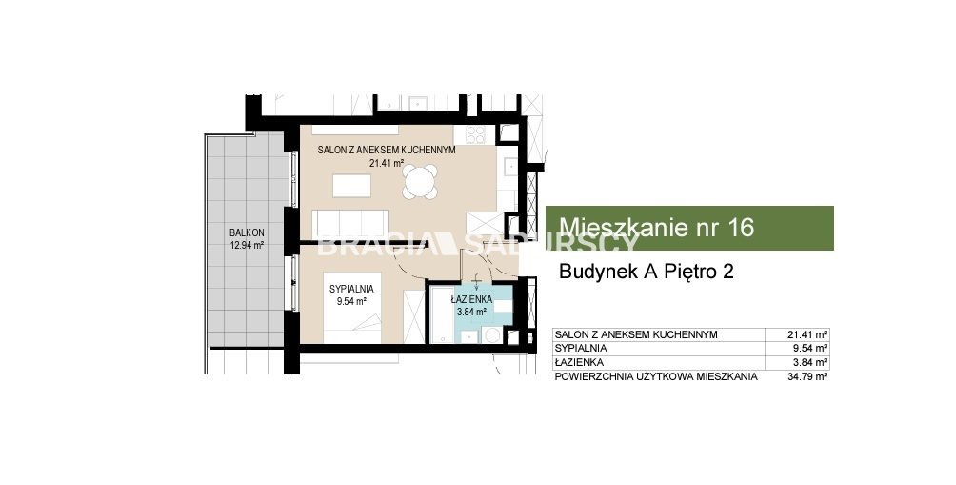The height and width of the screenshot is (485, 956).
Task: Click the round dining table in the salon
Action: tap(420, 182)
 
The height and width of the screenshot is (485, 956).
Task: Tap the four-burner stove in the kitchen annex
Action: tap(475, 134)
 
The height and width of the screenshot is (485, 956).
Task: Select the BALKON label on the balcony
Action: tap(247, 232)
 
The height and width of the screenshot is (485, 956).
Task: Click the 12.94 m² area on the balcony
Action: tap(247, 246)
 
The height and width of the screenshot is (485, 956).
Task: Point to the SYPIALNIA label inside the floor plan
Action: tap(351, 289)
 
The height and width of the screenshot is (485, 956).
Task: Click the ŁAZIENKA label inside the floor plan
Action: tap(472, 299)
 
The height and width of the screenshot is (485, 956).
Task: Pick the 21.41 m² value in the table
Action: tap(807, 334)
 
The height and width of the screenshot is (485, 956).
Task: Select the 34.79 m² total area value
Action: tap(807, 376)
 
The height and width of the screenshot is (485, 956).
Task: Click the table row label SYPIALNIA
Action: tap(581, 349)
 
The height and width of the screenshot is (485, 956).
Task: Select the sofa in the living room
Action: tap(350, 223)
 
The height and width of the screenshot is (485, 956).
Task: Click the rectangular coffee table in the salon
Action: tap(351, 186)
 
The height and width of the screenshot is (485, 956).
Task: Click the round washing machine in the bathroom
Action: tap(491, 334)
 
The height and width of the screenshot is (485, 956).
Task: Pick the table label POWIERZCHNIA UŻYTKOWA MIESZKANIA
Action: tap(656, 376)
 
